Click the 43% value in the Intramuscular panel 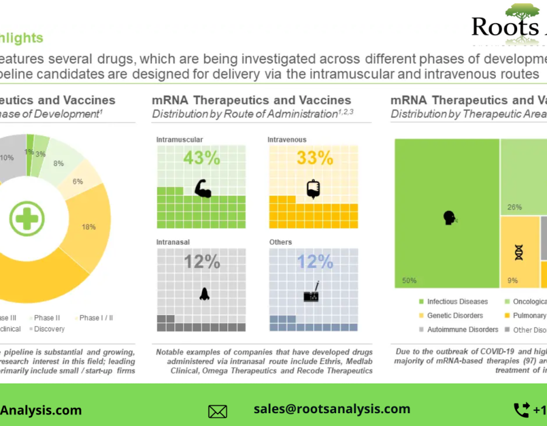tap(201, 158)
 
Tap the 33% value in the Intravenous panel tap(314, 158)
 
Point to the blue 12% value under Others tap(314, 262)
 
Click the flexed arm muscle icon tap(202, 189)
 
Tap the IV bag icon tap(314, 189)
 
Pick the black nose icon tap(204, 293)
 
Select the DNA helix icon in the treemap tap(519, 252)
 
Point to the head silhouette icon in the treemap tap(450, 217)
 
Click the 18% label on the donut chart tap(89, 226)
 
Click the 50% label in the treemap tap(408, 281)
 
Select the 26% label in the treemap tap(514, 207)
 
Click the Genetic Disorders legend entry tap(455, 316)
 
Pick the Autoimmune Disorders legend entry tap(463, 330)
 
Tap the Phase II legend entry tap(47, 318)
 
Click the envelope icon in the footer tap(218, 411)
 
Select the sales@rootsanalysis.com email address tap(332, 409)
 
